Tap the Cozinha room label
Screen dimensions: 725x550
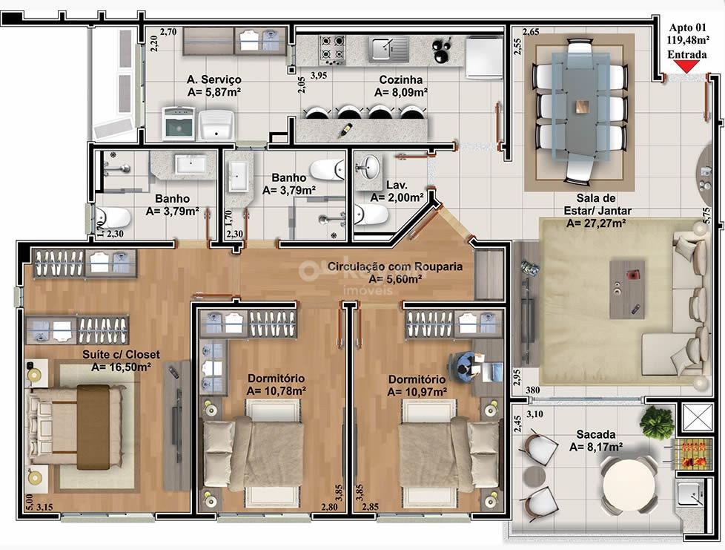point(401,79)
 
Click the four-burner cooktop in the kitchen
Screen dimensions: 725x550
point(332,50)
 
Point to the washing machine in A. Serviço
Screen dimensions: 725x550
point(178,123)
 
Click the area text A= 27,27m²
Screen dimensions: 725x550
point(597,223)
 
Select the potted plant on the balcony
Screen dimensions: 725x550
point(657,421)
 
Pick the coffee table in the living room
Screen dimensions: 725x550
point(627,289)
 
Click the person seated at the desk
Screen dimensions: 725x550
point(466,366)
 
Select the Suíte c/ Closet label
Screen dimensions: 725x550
point(121,355)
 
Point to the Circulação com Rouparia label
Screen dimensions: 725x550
point(395,266)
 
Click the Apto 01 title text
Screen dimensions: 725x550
point(688,27)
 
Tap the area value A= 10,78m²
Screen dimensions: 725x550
point(276,391)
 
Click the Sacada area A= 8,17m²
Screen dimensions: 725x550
point(595,448)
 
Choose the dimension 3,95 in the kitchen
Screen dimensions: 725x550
point(319,76)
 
